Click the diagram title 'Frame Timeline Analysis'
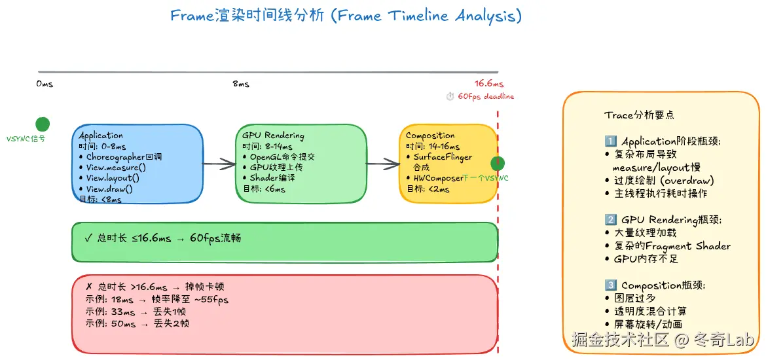[x=346, y=16]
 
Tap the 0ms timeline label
[x=45, y=84]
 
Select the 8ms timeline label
[x=241, y=84]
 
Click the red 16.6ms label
[x=489, y=84]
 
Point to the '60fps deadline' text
[x=485, y=96]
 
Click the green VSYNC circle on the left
[x=43, y=124]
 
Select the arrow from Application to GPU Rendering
[x=219, y=164]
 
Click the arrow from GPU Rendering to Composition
[x=382, y=164]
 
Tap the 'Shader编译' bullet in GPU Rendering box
[x=272, y=178]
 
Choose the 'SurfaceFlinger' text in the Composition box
[x=442, y=157]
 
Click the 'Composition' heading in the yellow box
[x=430, y=135]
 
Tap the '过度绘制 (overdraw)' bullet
[x=663, y=180]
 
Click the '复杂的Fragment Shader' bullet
[x=672, y=246]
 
